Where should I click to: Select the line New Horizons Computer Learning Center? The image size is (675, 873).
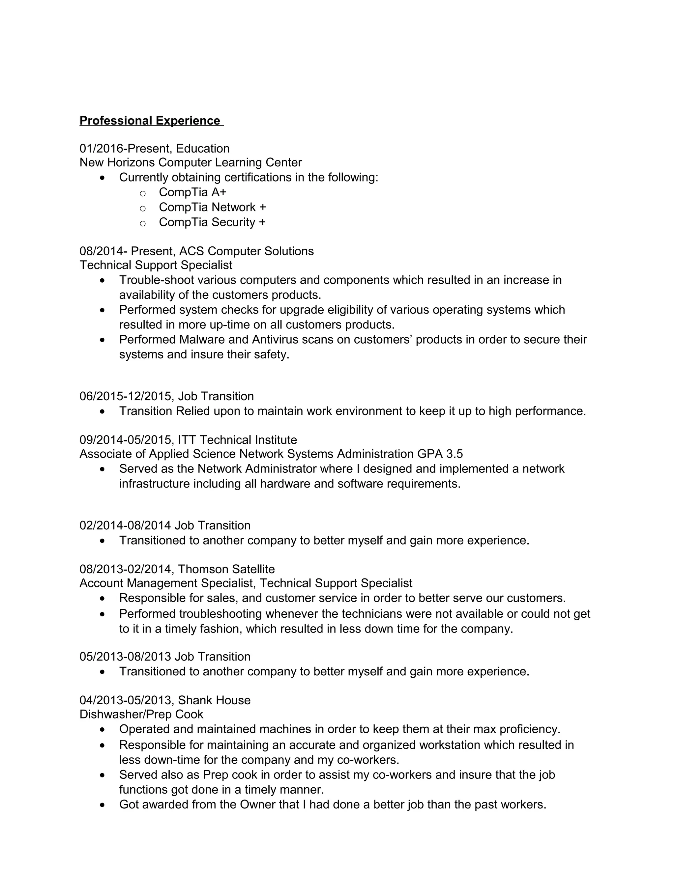[191, 163]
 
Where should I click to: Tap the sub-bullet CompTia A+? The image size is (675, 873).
[192, 192]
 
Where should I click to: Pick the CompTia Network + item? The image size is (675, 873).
[212, 208]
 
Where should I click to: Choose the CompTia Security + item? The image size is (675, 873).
[212, 222]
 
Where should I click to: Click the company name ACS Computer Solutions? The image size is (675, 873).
[246, 251]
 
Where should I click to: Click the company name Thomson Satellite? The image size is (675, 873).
[226, 569]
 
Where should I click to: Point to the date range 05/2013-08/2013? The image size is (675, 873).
[125, 657]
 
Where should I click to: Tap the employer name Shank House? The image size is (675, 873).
[214, 700]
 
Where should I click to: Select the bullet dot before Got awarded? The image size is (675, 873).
[103, 805]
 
